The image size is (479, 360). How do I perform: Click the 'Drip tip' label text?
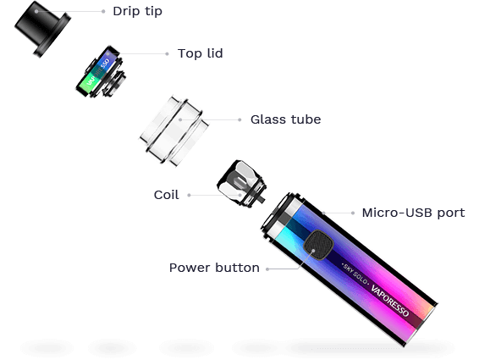137,11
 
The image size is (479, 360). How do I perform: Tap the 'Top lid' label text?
201,53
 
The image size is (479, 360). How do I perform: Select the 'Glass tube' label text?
286,119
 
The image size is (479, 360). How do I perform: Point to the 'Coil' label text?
166,195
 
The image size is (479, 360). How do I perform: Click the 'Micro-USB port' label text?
413,213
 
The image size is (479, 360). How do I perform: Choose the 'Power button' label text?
214,268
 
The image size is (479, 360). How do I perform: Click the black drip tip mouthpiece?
42,29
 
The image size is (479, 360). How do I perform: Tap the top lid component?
101,72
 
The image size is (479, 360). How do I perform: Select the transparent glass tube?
174,131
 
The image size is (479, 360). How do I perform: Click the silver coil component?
241,184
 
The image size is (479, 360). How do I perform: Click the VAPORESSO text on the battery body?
390,301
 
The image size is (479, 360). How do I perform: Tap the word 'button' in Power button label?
237,268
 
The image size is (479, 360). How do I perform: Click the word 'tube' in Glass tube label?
306,119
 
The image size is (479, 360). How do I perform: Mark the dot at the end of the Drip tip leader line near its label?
103,11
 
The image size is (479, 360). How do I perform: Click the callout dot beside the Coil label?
189,195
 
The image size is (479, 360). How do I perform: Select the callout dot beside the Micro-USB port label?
353,213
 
